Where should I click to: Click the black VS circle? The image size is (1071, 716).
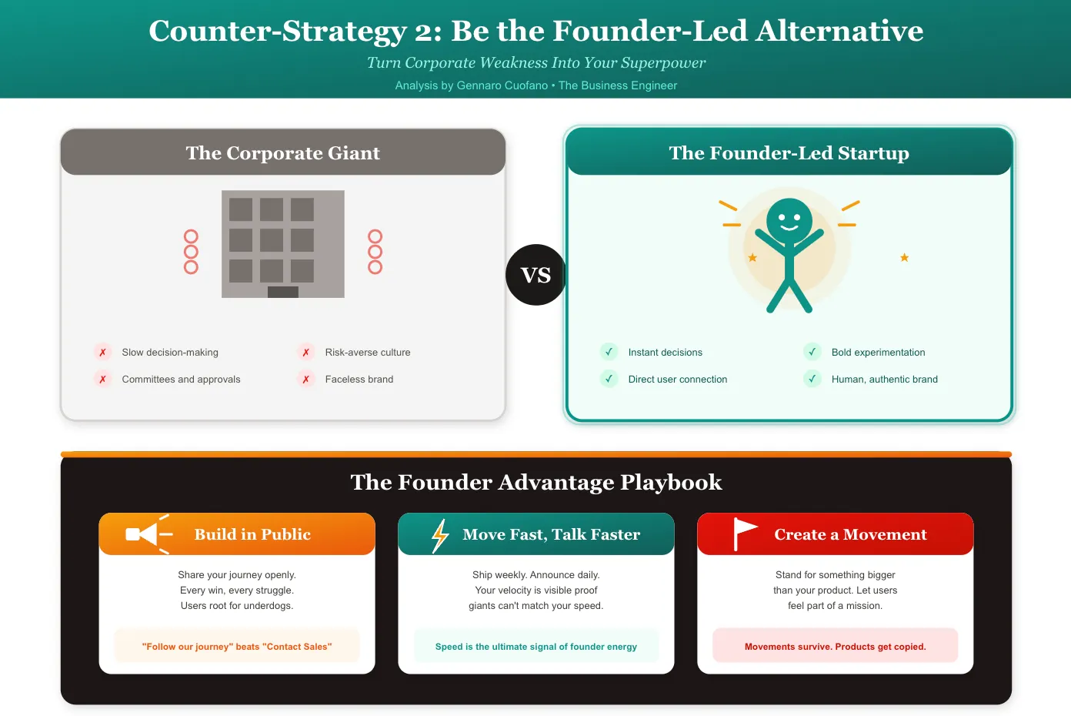pos(535,275)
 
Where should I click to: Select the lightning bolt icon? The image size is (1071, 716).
pos(440,535)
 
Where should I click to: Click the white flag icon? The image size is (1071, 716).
pos(743,534)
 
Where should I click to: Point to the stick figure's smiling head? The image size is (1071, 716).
pos(789,219)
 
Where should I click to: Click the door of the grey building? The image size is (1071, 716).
pos(283,292)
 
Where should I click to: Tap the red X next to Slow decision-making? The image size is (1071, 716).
pos(102,353)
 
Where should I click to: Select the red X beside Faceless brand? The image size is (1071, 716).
pos(306,380)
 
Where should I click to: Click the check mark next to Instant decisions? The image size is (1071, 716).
pos(609,353)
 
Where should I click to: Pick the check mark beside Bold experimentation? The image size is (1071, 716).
pos(812,353)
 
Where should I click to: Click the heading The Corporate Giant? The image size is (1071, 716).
pos(282,153)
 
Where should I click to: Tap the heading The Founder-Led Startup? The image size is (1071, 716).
pos(789,153)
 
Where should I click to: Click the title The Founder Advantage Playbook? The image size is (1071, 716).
pos(535,482)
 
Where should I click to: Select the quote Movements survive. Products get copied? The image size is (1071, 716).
pos(835,647)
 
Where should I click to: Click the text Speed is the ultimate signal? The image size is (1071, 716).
pos(535,647)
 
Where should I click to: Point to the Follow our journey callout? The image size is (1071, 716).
pos(237,647)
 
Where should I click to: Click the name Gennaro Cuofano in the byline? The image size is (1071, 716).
pos(502,85)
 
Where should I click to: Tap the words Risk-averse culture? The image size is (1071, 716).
pos(368,353)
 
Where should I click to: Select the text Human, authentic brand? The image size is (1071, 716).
pos(884,380)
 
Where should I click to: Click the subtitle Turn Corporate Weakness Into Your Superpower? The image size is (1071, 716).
pos(535,63)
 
